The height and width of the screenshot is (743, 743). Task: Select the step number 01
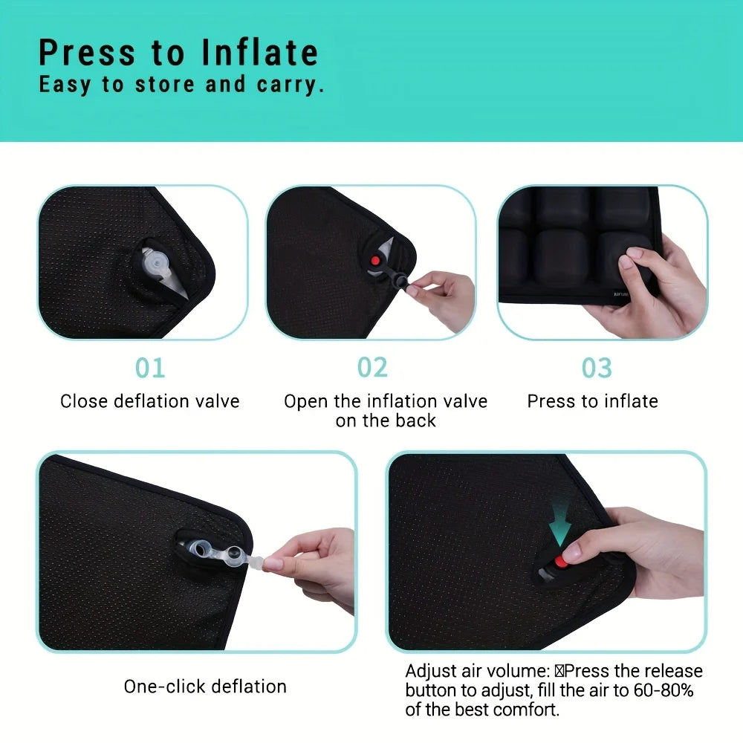click(x=150, y=368)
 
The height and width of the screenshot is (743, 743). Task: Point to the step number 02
click(x=372, y=368)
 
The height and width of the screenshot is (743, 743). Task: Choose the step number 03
click(x=597, y=368)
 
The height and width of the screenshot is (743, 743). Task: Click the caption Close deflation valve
click(x=150, y=402)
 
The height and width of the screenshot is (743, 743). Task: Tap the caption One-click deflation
click(x=205, y=686)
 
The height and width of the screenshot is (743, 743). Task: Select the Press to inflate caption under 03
click(x=592, y=402)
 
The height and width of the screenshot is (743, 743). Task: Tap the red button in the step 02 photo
click(x=376, y=262)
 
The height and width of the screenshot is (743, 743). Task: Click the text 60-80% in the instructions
click(x=663, y=690)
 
